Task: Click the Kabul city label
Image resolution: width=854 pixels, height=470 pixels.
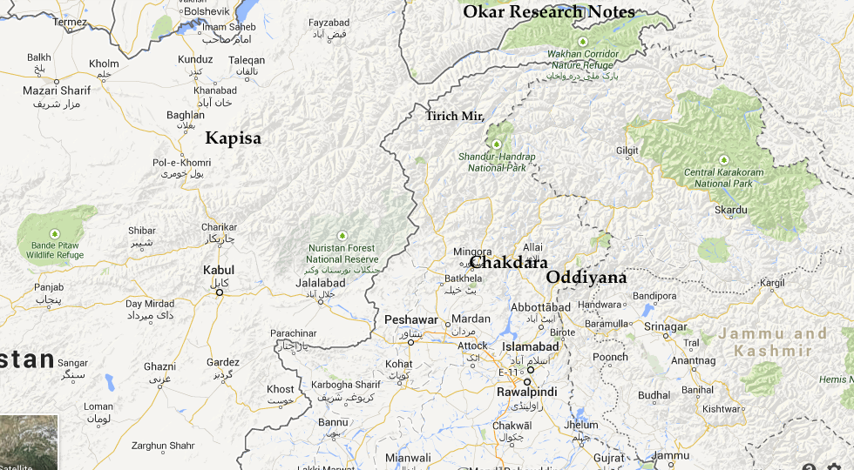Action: point(219,270)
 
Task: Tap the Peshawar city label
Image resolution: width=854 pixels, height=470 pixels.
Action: point(410,320)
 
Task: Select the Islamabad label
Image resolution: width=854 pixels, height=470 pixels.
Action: point(531,346)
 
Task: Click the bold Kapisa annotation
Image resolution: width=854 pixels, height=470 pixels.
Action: point(233,138)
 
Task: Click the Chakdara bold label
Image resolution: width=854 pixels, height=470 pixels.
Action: point(510,262)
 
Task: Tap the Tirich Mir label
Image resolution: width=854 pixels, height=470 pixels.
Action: point(454,116)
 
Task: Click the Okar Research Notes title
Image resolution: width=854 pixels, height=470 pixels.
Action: point(549,11)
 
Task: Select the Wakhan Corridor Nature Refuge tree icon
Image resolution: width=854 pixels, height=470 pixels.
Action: point(583,42)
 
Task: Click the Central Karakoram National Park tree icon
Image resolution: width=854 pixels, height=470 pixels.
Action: point(723,159)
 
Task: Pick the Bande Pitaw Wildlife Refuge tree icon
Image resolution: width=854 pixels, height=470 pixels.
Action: point(54,233)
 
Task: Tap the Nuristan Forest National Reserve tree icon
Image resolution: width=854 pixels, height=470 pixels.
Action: point(342,235)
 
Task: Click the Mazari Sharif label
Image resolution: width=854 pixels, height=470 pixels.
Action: point(57,91)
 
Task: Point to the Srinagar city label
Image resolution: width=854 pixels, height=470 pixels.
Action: point(666,326)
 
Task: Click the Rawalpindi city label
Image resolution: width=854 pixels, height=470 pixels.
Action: point(527,393)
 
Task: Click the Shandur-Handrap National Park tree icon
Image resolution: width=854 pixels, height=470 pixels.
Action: point(498,144)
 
